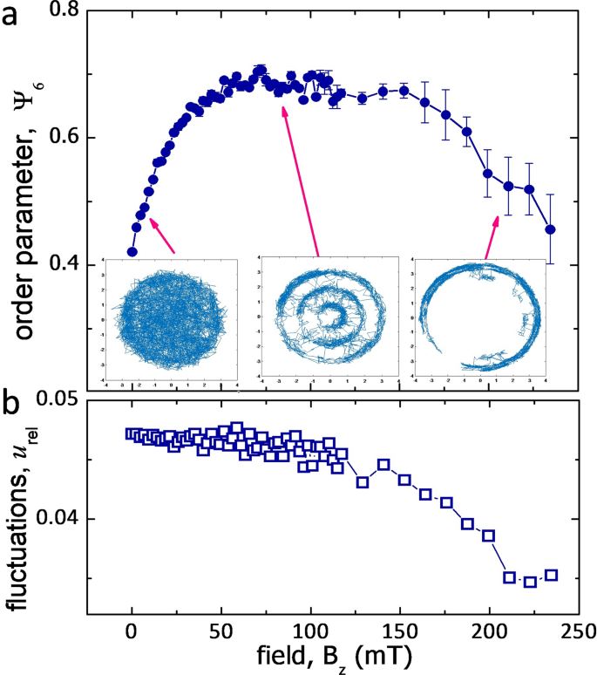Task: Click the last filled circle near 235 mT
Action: [x=550, y=229]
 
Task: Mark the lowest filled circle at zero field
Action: [x=132, y=252]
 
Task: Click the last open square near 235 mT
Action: [x=551, y=576]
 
